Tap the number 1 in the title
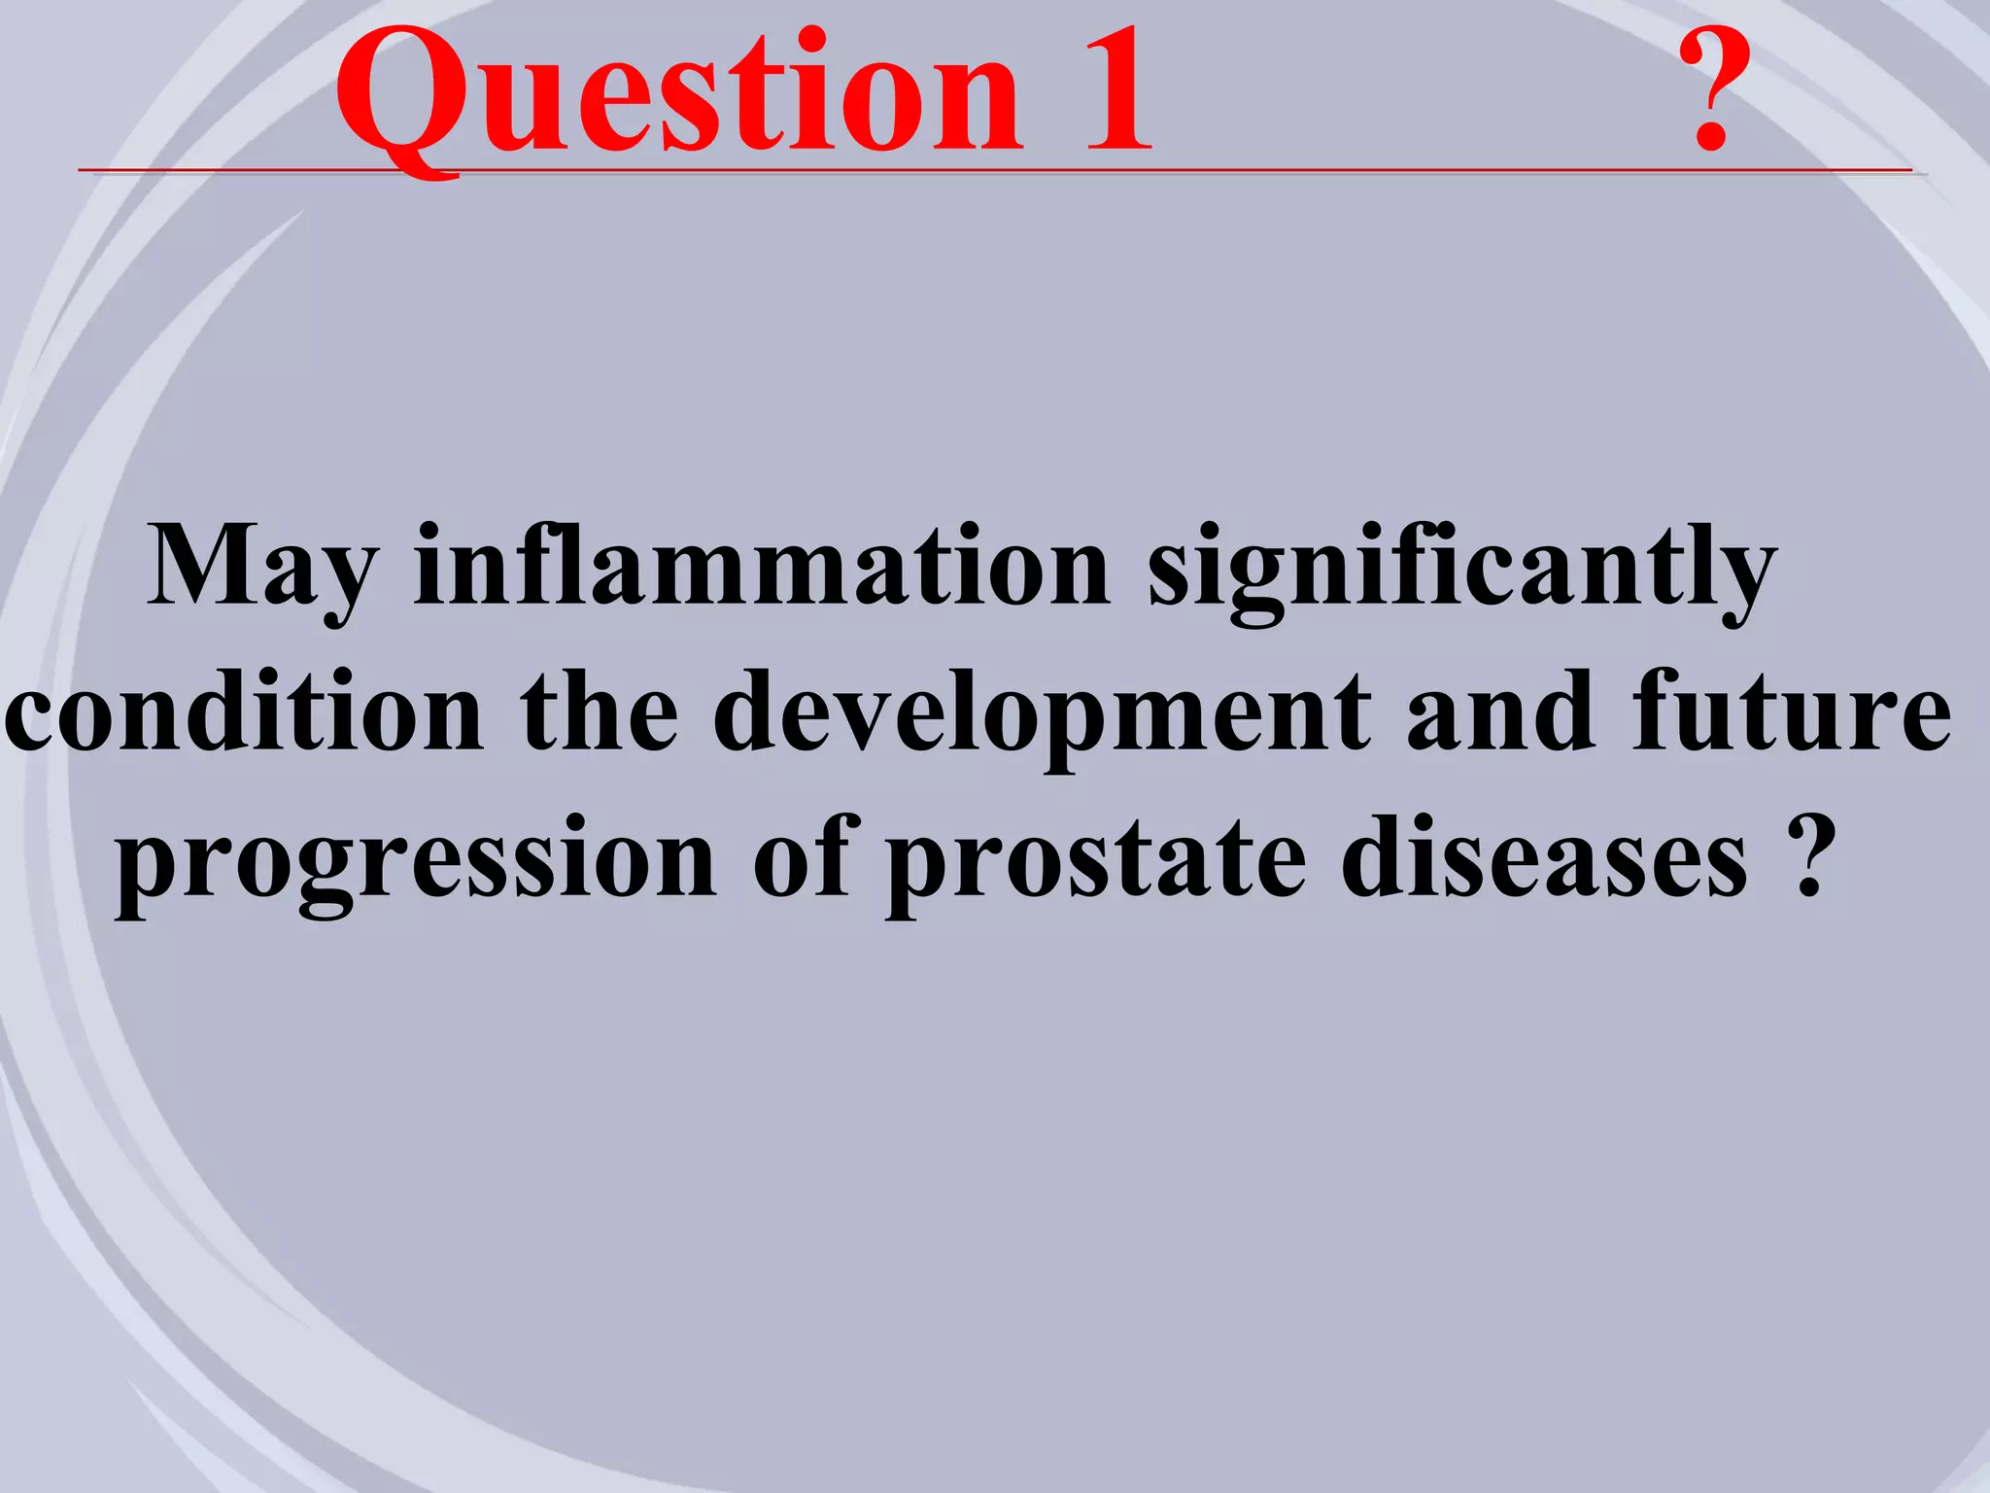(x=1117, y=92)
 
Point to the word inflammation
(x=762, y=566)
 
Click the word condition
(x=243, y=712)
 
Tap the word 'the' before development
(x=599, y=712)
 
